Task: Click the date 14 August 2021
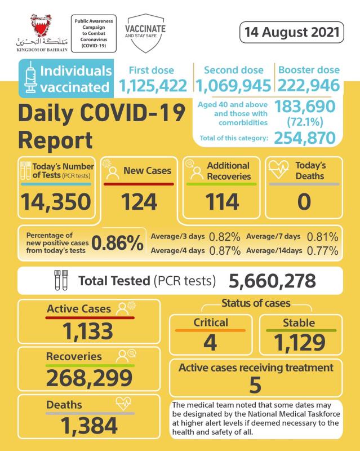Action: tap(291, 32)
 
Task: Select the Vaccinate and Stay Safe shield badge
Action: tap(145, 31)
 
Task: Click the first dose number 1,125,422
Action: tap(153, 86)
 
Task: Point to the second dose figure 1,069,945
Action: tap(234, 86)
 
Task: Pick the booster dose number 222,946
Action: tap(308, 86)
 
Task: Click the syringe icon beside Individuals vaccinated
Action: tap(30, 79)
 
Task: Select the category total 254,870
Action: tap(305, 138)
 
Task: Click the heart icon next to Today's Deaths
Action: tap(278, 169)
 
